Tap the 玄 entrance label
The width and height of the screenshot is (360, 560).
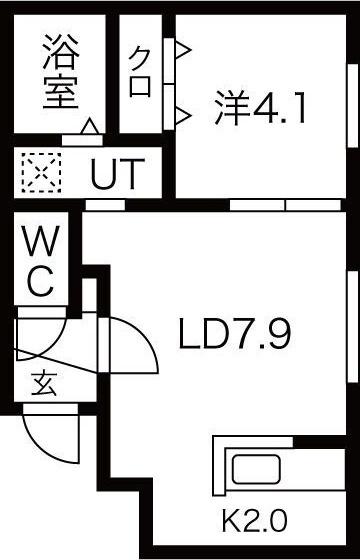coord(43,382)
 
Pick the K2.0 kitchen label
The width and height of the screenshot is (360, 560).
coord(254,521)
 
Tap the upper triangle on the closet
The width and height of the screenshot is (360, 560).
coord(183,49)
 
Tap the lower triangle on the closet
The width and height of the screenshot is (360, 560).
coord(183,115)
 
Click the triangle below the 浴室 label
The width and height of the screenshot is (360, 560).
coord(89,127)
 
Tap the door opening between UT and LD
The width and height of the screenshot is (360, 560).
coord(98,205)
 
